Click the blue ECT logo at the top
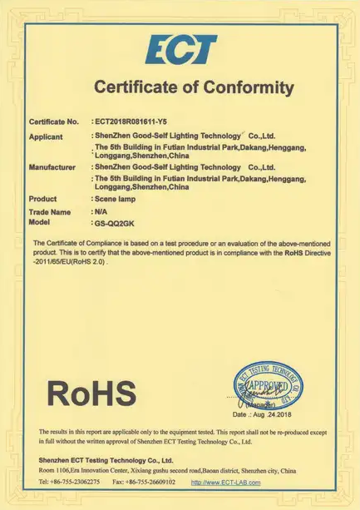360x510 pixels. (180, 50)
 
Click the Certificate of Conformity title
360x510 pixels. (193, 87)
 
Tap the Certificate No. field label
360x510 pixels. (54, 121)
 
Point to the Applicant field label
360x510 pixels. (46, 136)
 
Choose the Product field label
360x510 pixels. (42, 199)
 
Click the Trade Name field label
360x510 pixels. (49, 212)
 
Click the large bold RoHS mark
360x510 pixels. (91, 392)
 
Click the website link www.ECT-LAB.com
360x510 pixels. (225, 483)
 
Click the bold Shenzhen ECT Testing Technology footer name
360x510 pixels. (106, 460)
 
